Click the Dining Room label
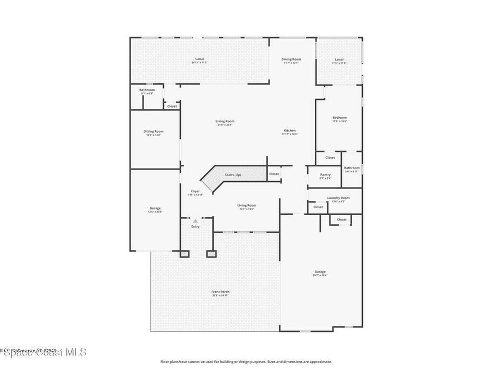(x=291, y=59)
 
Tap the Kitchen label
(x=290, y=131)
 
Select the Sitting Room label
(x=153, y=131)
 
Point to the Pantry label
(x=325, y=174)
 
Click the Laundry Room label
(x=338, y=197)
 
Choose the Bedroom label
(x=340, y=117)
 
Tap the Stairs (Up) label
(x=233, y=174)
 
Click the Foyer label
(x=195, y=191)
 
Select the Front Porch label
(x=221, y=292)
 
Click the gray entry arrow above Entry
(x=195, y=221)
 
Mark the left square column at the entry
(x=184, y=253)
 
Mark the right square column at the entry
(x=211, y=253)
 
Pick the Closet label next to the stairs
(x=274, y=174)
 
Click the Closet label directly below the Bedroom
(x=330, y=158)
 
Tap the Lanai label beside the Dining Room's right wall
(x=339, y=59)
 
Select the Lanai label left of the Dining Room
(x=199, y=59)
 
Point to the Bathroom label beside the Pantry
(x=352, y=168)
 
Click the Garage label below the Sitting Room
(x=155, y=208)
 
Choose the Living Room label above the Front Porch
(x=246, y=205)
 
